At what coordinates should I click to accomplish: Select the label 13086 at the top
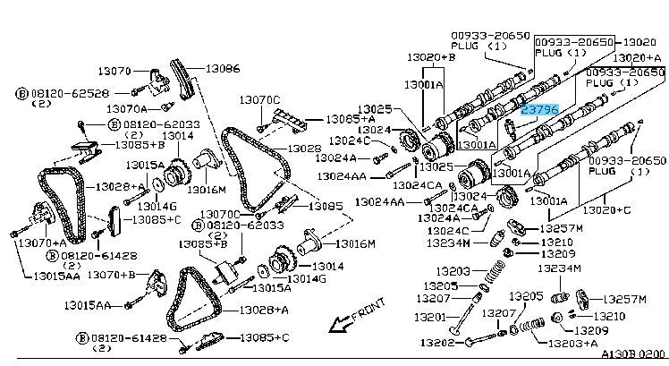[x=223, y=67]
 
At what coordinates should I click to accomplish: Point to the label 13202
[x=440, y=342]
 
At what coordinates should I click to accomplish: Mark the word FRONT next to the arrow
[x=366, y=315]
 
